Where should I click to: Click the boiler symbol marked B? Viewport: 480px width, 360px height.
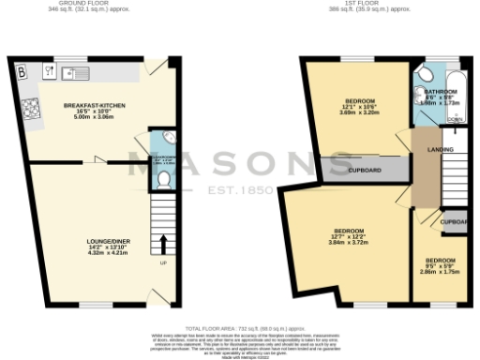21,69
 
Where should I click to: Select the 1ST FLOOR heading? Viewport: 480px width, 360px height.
386,3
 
